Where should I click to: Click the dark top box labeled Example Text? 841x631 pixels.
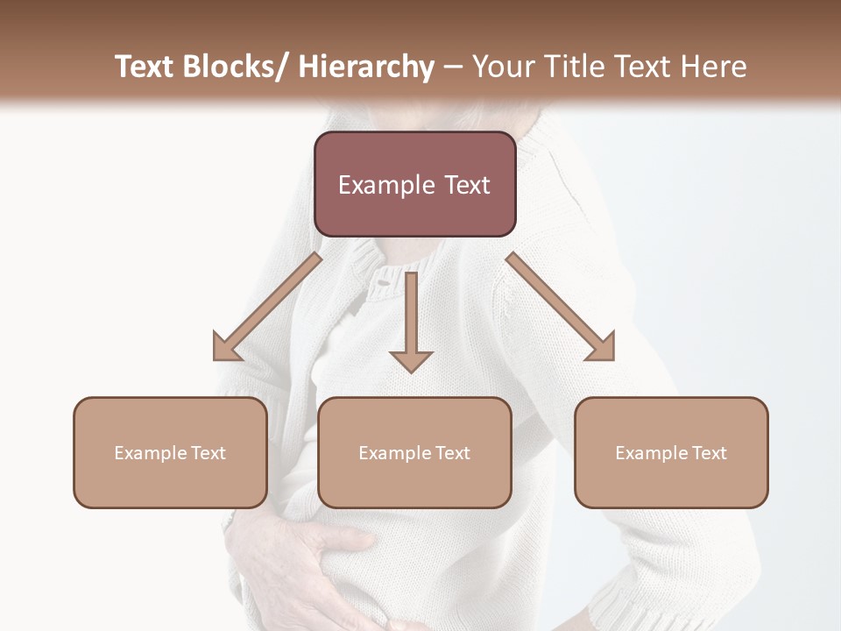414,184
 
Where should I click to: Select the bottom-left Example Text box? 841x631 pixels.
170,452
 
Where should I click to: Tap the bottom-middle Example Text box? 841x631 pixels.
414,452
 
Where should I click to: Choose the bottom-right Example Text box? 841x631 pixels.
671,452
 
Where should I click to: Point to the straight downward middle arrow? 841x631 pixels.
411,321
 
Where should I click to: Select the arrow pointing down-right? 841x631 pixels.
561,307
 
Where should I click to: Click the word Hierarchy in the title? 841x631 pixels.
366,67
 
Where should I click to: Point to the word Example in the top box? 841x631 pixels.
385,185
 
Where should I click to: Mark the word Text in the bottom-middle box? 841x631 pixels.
451,452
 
